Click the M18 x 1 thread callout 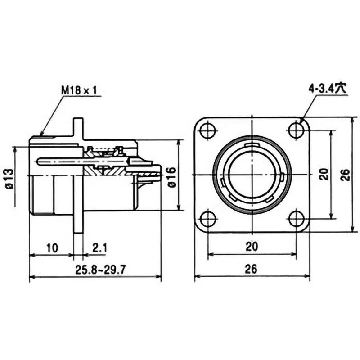click(x=79, y=90)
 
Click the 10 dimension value click(x=52, y=247)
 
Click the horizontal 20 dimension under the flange click(x=252, y=247)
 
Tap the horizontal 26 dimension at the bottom click(x=252, y=269)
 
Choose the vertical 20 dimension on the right click(x=324, y=175)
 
